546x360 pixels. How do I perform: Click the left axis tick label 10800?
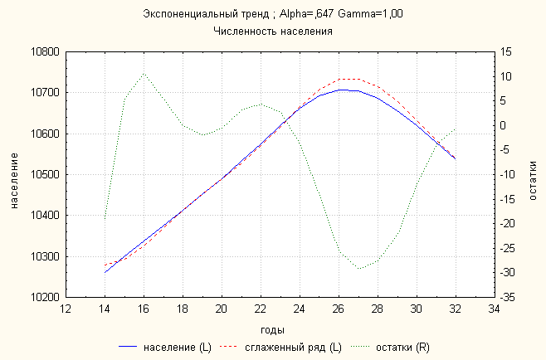tap(45, 52)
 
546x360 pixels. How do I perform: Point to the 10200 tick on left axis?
tap(45, 297)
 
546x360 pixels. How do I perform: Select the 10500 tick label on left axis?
tap(45, 175)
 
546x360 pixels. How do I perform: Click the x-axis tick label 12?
tap(66, 309)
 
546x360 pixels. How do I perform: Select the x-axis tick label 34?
tap(494, 309)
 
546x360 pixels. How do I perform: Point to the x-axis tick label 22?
tap(261, 309)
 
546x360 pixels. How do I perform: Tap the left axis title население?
tap(14, 175)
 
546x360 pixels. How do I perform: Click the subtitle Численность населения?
tap(273, 32)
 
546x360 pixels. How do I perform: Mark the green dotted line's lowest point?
tap(358, 269)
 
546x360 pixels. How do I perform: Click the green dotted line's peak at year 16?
tap(144, 74)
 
